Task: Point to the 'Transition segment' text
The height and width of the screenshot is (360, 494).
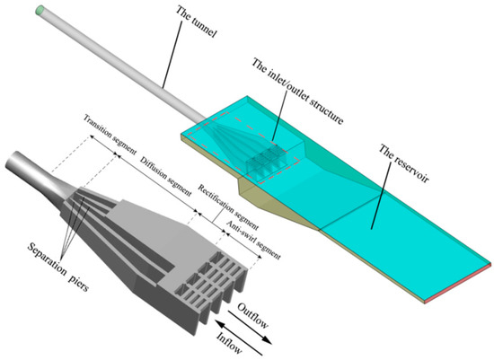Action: pyautogui.click(x=111, y=136)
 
